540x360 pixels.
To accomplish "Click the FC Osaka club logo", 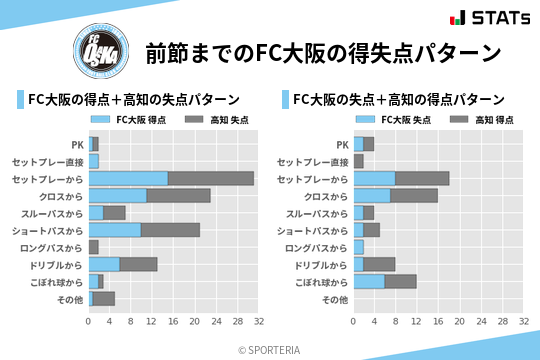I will [100, 50].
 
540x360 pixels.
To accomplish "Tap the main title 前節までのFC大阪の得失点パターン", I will [322, 52].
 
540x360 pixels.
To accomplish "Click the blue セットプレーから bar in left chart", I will [128, 178].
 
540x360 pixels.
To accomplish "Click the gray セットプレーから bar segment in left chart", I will [211, 178].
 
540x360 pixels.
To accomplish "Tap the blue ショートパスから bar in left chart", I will [115, 230].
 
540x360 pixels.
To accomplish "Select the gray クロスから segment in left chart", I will [179, 195].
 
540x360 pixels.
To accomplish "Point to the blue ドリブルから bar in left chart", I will [104, 264].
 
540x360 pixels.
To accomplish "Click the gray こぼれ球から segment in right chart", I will [401, 281].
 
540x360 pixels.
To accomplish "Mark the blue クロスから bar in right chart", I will [372, 195].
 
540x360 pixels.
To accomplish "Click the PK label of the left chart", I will [77, 144].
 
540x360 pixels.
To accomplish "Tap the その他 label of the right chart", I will [335, 299].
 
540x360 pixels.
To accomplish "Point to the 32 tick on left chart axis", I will [258, 322].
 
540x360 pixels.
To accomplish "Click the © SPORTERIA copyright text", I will [270, 349].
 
